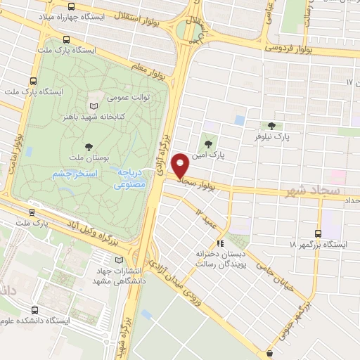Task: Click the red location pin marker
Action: [x=181, y=166]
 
